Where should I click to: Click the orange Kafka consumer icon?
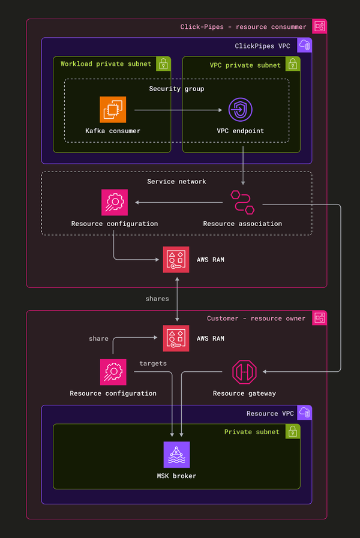coord(113,110)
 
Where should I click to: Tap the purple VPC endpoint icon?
coord(240,110)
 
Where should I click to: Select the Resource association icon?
coord(242,202)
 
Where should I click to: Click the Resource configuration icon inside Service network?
coord(114,202)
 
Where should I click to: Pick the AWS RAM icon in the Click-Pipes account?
coord(176,260)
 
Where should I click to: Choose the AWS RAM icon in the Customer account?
coord(176,338)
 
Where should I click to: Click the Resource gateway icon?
coord(244,372)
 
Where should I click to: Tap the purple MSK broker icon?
coord(176,455)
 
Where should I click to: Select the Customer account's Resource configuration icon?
coord(113,372)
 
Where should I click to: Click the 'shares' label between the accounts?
coord(157,299)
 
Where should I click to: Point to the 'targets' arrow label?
coord(153,363)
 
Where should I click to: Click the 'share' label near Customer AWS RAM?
coord(98,339)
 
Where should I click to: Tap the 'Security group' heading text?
coord(176,89)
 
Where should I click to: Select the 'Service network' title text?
coord(176,181)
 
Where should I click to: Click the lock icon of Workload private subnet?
coord(163,64)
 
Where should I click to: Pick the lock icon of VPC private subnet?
coord(292,64)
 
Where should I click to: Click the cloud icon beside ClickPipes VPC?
coord(305,46)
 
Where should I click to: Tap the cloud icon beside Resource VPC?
coord(305,413)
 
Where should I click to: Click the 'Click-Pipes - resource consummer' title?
coord(243,27)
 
